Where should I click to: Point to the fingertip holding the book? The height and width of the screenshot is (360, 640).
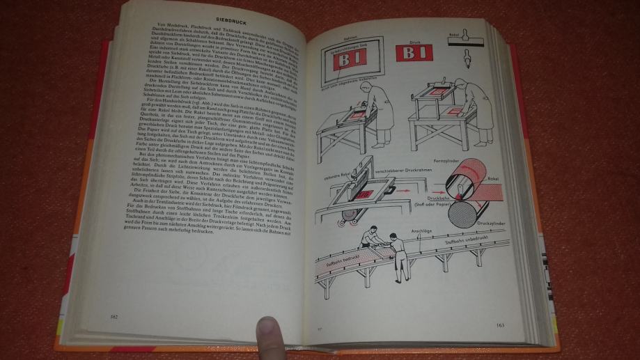click(x=266, y=333)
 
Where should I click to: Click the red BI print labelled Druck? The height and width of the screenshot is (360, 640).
click(x=415, y=53)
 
